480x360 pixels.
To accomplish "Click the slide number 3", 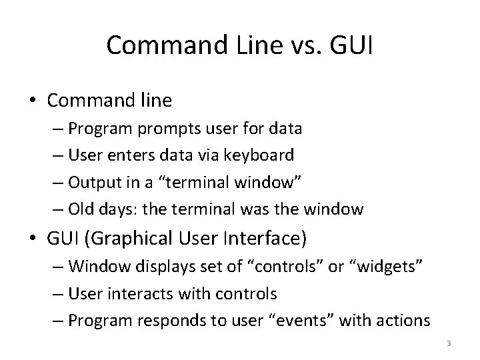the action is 449,343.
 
